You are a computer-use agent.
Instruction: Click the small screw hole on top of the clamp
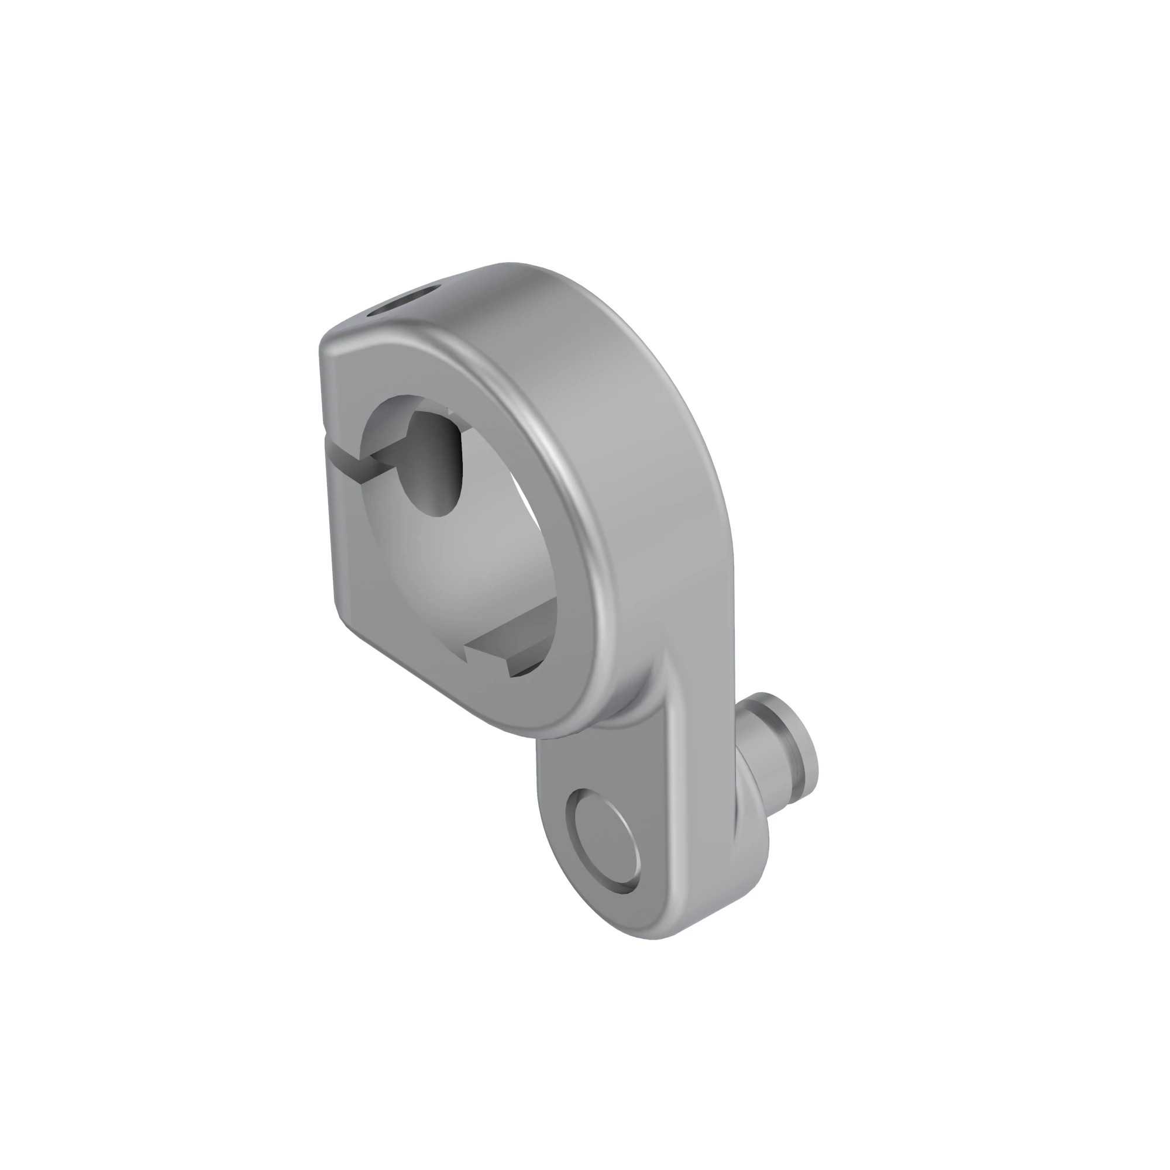pyautogui.click(x=407, y=300)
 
